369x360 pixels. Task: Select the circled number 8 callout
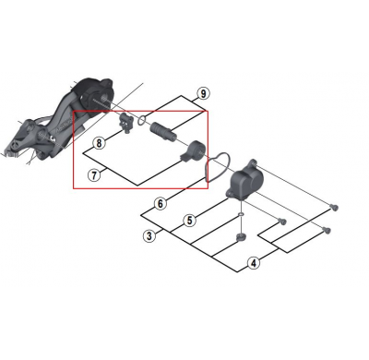[x=99, y=144]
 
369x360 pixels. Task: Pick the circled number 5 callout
[x=188, y=221]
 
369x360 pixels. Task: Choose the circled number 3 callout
[x=149, y=236]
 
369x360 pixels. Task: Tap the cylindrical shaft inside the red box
[x=162, y=126]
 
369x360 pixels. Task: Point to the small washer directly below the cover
[x=240, y=217]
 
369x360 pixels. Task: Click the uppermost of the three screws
[x=330, y=208]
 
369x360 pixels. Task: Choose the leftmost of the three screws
[x=282, y=222]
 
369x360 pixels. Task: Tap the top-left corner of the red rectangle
[x=74, y=112]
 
